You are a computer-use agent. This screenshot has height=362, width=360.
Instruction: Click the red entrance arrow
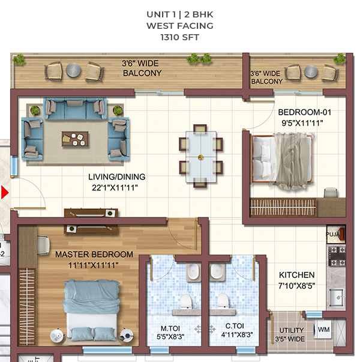pyautogui.click(x=4, y=192)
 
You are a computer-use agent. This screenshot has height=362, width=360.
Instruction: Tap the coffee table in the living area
pyautogui.click(x=75, y=139)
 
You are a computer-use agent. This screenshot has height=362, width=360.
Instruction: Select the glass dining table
pyautogui.click(x=201, y=157)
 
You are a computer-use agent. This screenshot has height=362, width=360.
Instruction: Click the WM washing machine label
pyautogui.click(x=323, y=330)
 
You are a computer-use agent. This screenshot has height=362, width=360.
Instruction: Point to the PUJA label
pyautogui.click(x=333, y=234)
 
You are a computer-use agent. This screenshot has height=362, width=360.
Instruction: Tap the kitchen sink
pyautogui.click(x=337, y=297)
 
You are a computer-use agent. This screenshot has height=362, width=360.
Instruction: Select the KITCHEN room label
pyautogui.click(x=296, y=275)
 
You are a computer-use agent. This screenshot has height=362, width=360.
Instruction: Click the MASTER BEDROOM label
pyautogui.click(x=94, y=255)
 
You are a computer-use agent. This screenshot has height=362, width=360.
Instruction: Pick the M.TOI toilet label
pyautogui.click(x=170, y=328)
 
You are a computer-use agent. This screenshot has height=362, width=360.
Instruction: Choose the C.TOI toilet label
pyautogui.click(x=235, y=326)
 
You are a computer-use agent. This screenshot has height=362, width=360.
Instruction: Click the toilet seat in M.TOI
pyautogui.click(x=186, y=301)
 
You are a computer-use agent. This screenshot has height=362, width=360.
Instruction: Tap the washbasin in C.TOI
pyautogui.click(x=217, y=271)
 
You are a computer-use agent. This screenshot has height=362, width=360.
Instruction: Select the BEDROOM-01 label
pyautogui.click(x=305, y=112)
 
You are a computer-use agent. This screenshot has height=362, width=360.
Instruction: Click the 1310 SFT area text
pyautogui.click(x=180, y=37)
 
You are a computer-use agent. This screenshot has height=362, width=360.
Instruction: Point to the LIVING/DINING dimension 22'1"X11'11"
pyautogui.click(x=115, y=188)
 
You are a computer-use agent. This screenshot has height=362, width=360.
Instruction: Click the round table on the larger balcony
pyautogui.click(x=73, y=70)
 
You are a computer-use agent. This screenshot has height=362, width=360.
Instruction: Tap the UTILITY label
pyautogui.click(x=291, y=330)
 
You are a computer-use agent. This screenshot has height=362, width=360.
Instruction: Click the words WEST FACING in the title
pyautogui.click(x=180, y=26)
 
